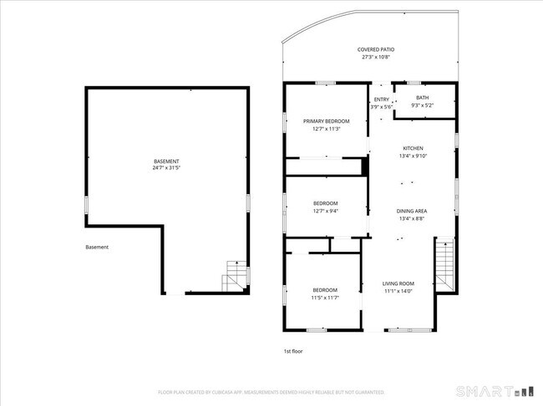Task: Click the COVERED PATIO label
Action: [x=375, y=50]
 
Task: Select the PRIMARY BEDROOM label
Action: [x=326, y=121]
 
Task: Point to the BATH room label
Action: [x=423, y=98]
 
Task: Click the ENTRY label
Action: [x=381, y=99]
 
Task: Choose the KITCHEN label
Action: [x=413, y=148]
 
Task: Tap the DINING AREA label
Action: [x=412, y=211]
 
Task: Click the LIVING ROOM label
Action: [x=398, y=283]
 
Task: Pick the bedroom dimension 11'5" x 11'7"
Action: [x=325, y=298]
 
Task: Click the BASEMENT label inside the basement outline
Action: [x=166, y=161]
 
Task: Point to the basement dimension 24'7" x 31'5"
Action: [x=166, y=168]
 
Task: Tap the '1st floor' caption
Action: [x=292, y=351]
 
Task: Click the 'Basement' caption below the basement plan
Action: [x=97, y=247]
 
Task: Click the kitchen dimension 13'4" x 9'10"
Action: [x=413, y=156]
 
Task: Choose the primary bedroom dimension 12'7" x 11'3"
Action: [x=326, y=128]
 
